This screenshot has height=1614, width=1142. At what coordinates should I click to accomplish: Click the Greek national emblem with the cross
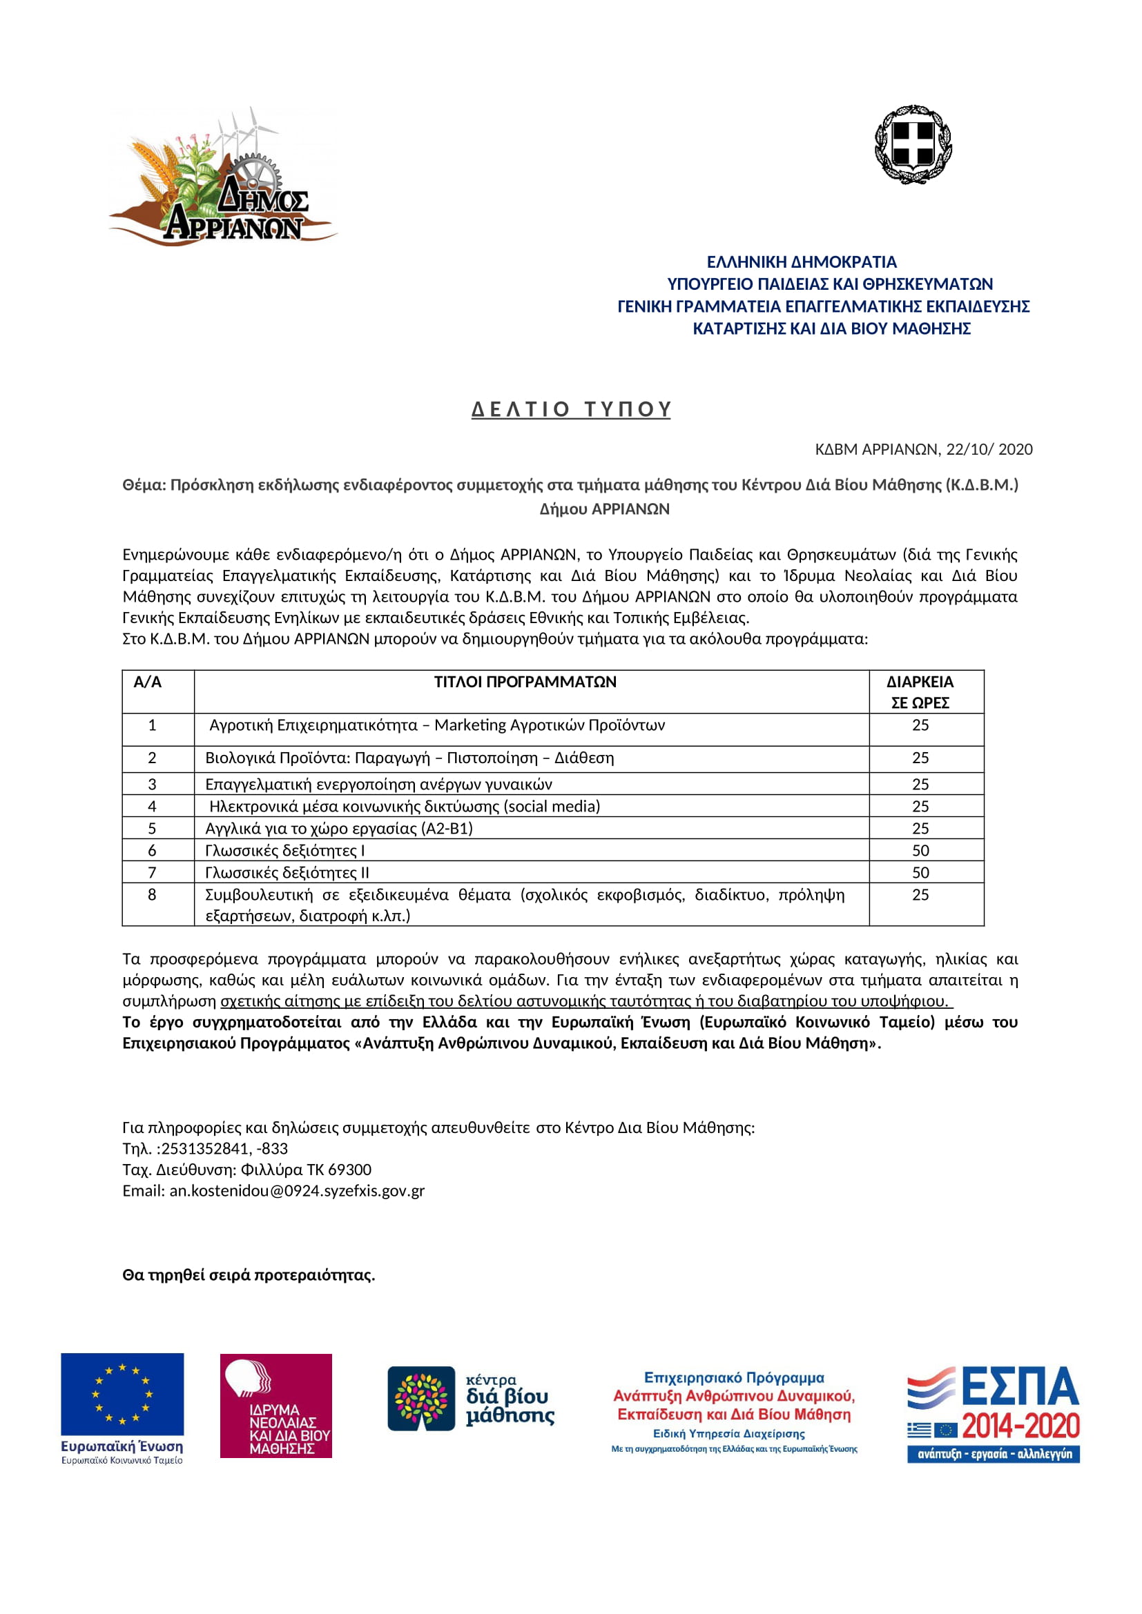[x=913, y=144]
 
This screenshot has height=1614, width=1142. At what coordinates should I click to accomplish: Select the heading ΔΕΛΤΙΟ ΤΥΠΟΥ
[x=571, y=409]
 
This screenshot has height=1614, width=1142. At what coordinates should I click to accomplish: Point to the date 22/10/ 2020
[x=989, y=449]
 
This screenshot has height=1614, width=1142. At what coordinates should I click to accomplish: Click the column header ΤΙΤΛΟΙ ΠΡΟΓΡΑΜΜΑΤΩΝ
[x=525, y=682]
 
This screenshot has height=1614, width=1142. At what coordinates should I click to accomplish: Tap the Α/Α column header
[x=148, y=682]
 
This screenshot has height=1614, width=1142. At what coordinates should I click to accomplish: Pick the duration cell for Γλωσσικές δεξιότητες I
[x=920, y=851]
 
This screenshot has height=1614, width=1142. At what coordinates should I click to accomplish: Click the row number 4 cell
[x=152, y=806]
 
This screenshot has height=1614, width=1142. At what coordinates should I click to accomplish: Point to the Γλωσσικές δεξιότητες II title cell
[x=287, y=872]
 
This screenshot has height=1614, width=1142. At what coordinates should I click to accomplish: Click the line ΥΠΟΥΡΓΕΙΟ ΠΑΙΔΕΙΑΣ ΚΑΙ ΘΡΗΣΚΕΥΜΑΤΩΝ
[x=830, y=284]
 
